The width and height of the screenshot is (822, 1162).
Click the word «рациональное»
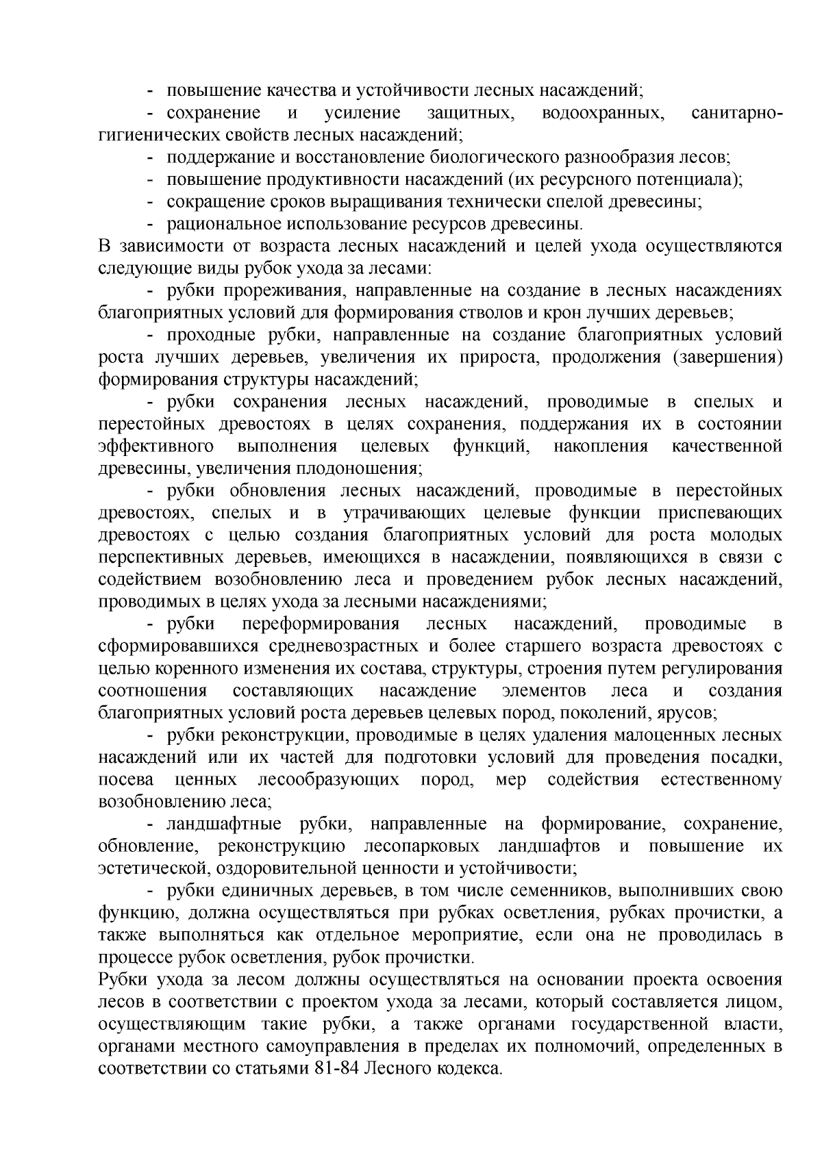coord(221,225)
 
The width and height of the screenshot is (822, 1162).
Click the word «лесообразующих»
coord(328,781)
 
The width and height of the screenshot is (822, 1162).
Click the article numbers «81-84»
coord(338,1069)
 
